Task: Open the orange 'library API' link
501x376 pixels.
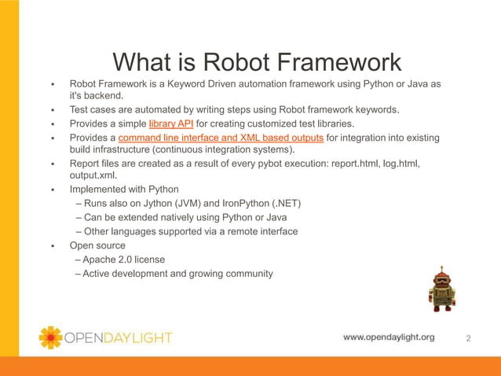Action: point(177,124)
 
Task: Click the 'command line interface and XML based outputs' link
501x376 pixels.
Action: point(221,138)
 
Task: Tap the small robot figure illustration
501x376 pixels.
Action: point(441,289)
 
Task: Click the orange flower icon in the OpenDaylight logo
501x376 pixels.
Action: point(50,337)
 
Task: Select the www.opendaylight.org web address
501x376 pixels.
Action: point(389,337)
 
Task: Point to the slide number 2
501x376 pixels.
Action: point(469,338)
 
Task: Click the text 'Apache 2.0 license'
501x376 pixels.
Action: point(120,260)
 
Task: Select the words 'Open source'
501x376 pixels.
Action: point(97,245)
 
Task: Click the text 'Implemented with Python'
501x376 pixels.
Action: point(124,190)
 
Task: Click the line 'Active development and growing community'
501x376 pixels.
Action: point(174,274)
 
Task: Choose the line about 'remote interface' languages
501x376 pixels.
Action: point(185,231)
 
